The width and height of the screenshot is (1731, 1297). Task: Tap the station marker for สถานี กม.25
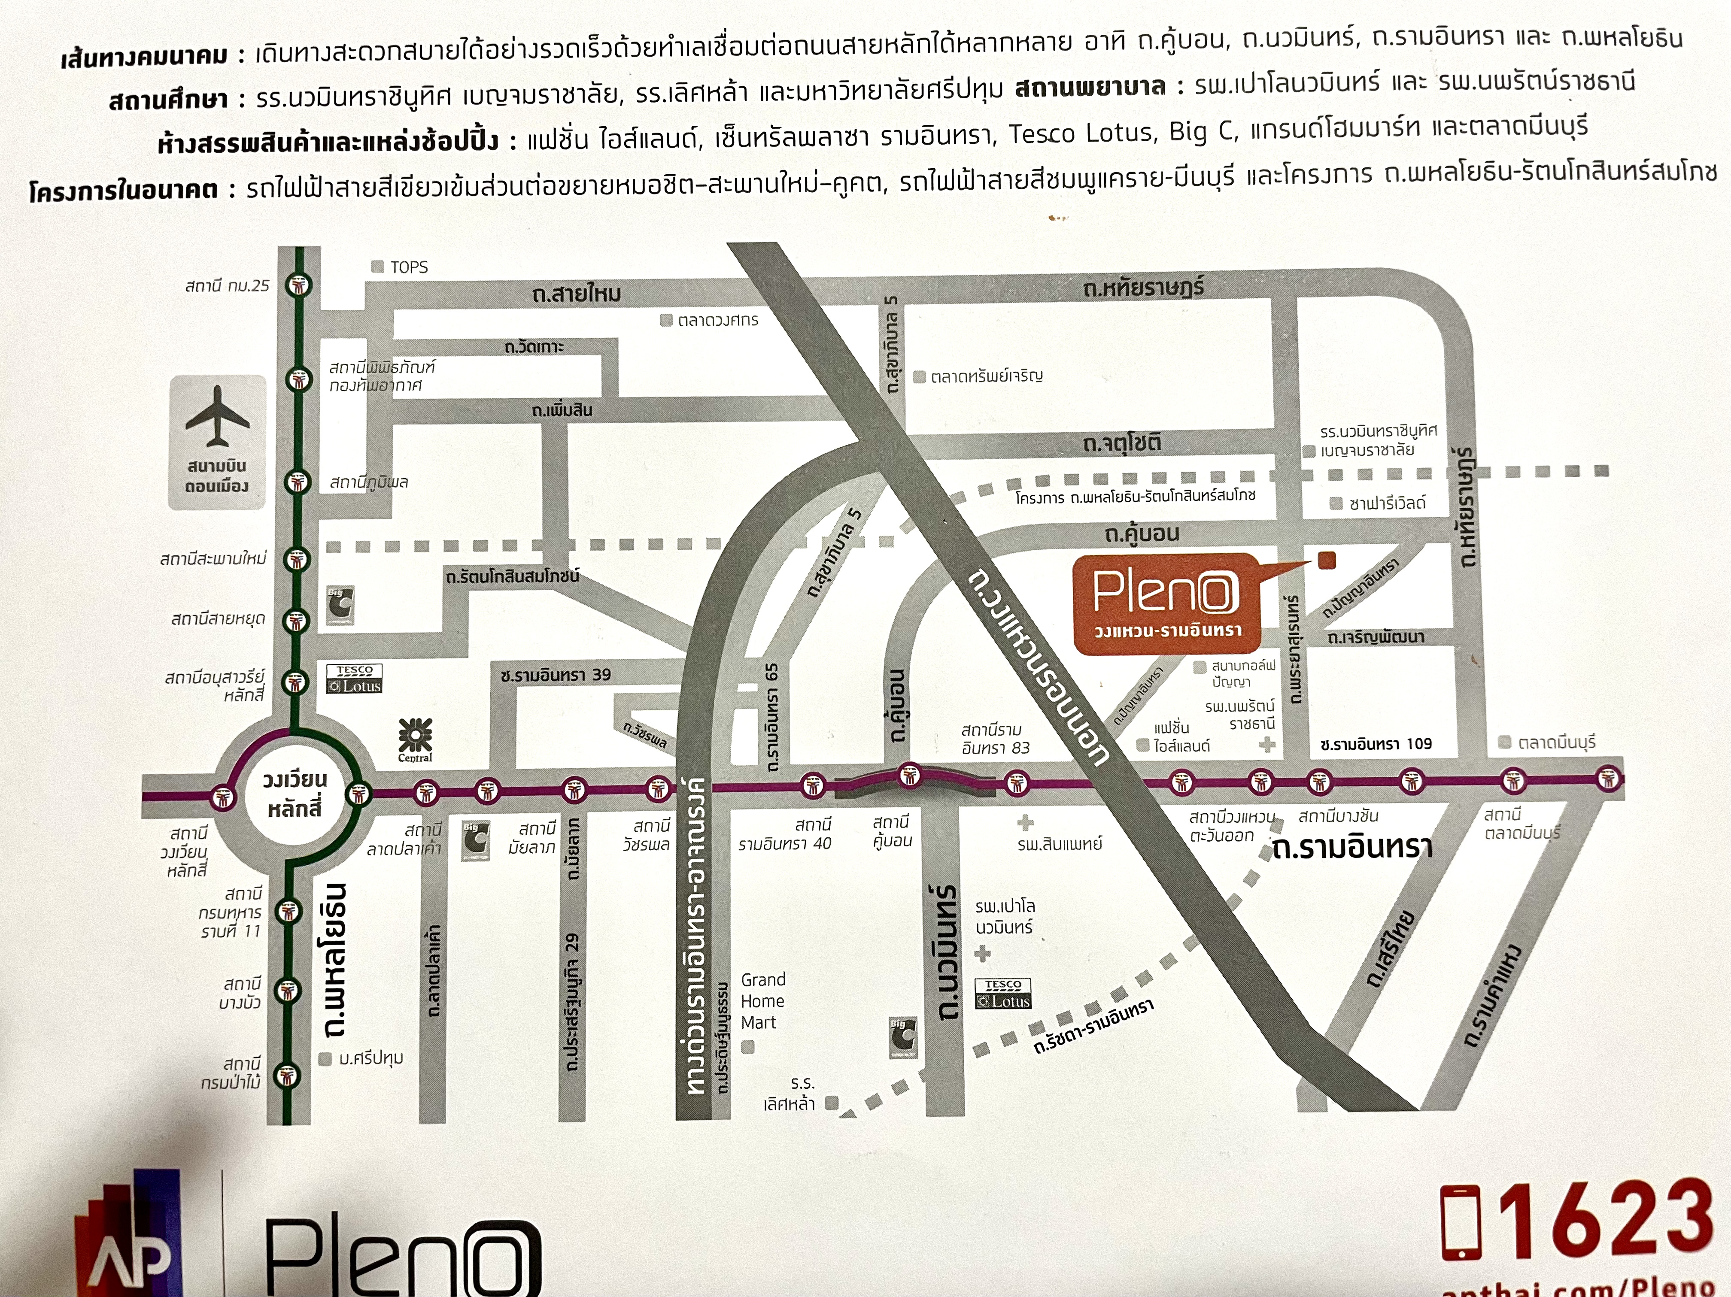[x=298, y=285]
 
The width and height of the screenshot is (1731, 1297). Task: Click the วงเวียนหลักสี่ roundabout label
[x=294, y=794]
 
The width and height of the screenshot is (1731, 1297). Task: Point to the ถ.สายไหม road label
[x=577, y=294]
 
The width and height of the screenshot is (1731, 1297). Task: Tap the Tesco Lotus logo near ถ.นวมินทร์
[x=1002, y=994]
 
